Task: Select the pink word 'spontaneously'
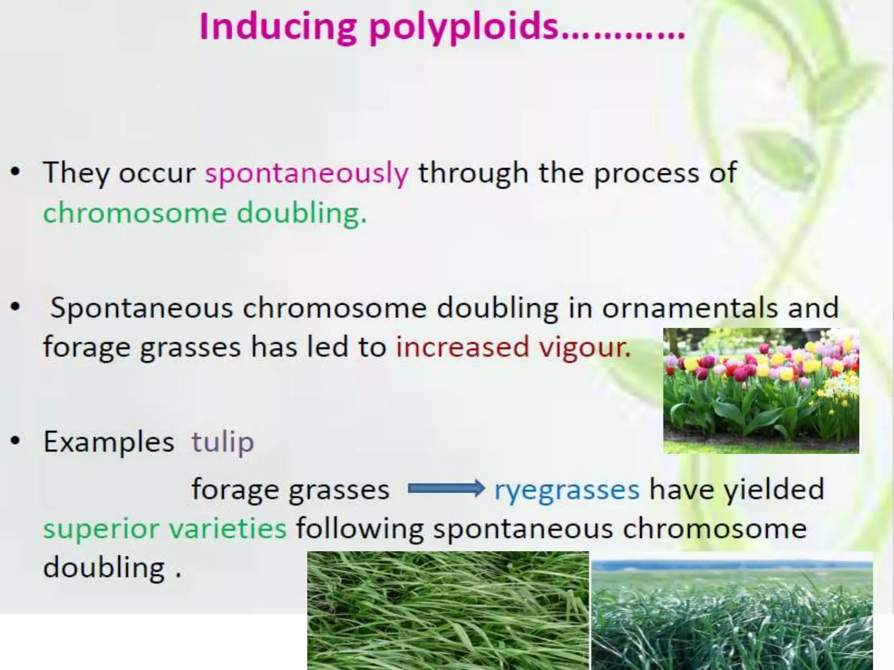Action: click(x=307, y=173)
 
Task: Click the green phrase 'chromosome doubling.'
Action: click(x=205, y=213)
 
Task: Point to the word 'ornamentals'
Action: click(x=690, y=308)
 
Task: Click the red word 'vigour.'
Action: click(x=585, y=348)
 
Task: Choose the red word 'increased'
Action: click(x=462, y=348)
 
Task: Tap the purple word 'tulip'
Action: click(x=223, y=442)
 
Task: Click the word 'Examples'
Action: click(x=109, y=442)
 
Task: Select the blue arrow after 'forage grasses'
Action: click(x=446, y=489)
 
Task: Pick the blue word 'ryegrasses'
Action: click(x=567, y=489)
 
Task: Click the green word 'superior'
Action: click(x=101, y=529)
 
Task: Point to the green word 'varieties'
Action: click(x=227, y=529)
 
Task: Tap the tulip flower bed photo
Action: click(x=761, y=390)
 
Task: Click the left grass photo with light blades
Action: click(x=448, y=611)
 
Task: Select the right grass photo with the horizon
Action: click(x=732, y=611)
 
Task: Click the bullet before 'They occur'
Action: click(x=16, y=172)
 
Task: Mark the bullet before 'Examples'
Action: click(x=16, y=441)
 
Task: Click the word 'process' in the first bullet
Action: click(x=646, y=173)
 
